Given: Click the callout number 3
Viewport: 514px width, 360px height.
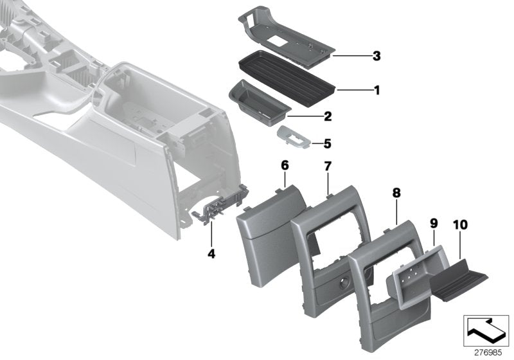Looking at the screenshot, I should pos(377,57).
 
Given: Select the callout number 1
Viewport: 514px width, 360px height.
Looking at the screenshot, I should pos(377,91).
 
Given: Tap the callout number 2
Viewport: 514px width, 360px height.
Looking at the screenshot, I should pos(327,117).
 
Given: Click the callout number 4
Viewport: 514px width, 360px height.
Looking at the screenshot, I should pos(211,254).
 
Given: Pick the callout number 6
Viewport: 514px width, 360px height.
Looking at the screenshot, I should pos(285,166).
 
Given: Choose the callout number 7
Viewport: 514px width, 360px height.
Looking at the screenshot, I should pos(327,166).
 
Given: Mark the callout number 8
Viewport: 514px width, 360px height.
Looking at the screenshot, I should pos(396,192).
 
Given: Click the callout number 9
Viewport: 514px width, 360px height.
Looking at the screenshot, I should pos(434,223).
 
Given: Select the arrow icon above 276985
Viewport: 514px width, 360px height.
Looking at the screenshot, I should pos(484,330).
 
